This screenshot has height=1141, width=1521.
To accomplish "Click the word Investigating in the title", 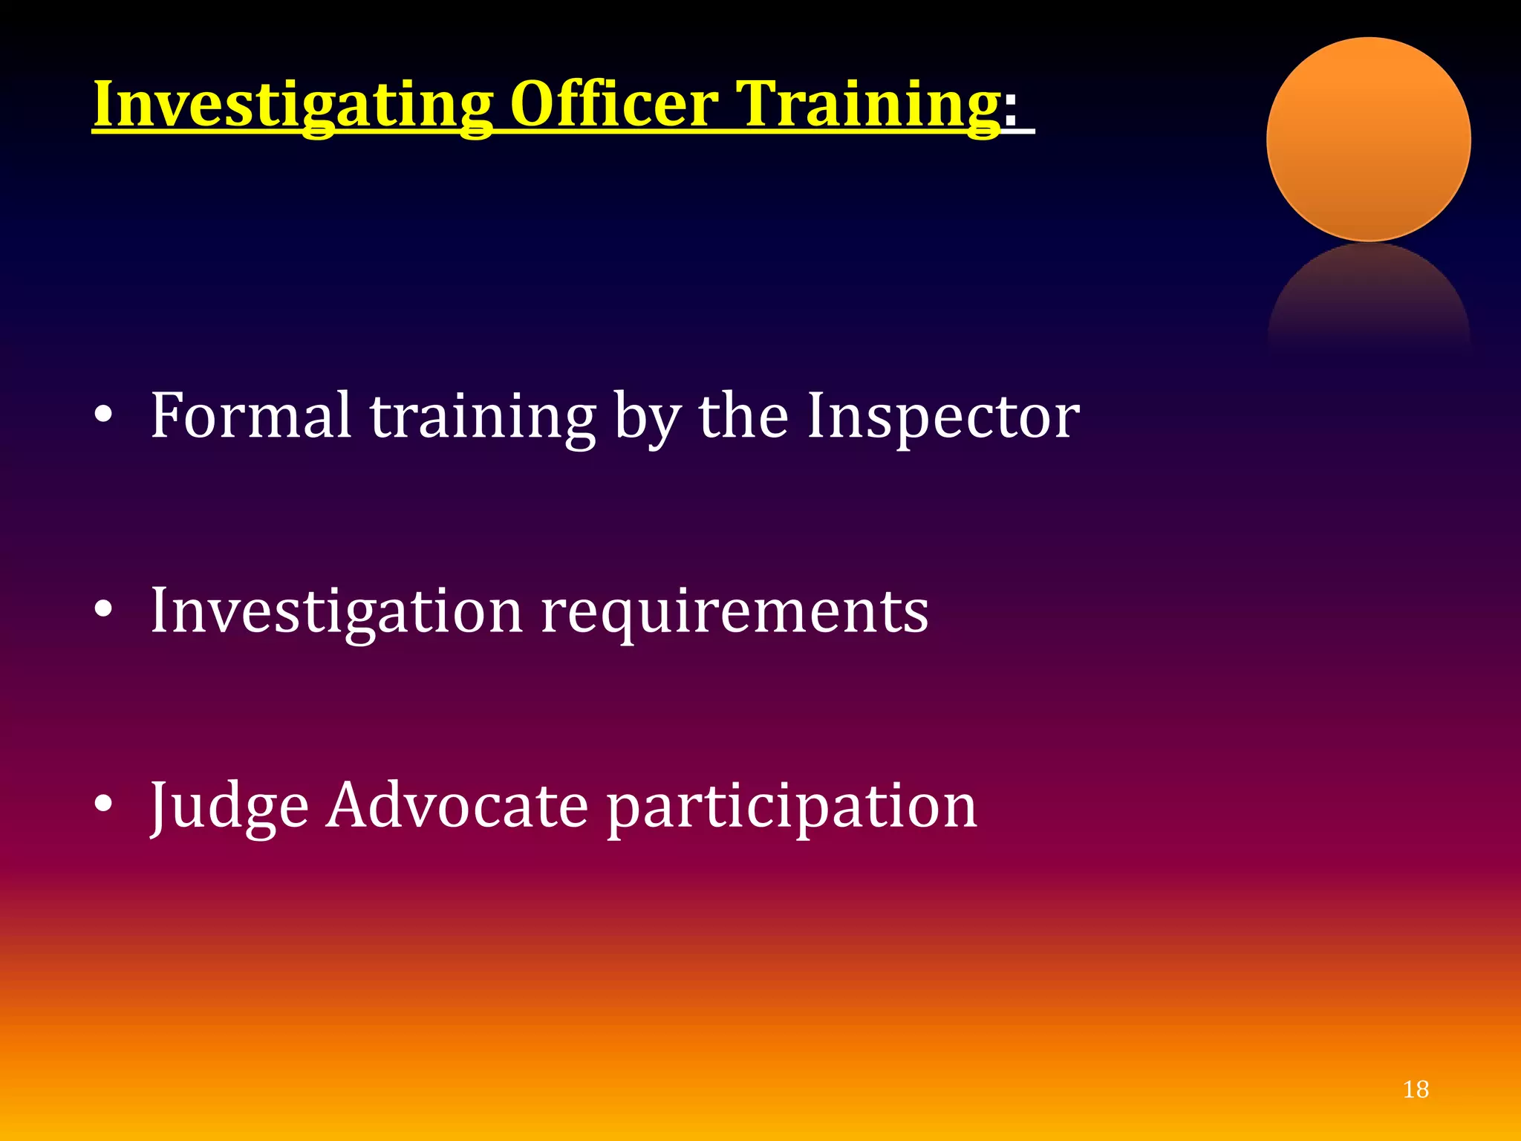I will coord(293,105).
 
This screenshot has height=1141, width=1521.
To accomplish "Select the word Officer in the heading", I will coord(614,105).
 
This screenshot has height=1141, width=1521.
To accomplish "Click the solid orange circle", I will coord(1368,140).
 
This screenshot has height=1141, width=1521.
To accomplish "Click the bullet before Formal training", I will coord(103,417).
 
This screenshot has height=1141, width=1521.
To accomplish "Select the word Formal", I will coord(250,416).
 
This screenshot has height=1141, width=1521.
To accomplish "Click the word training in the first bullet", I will coord(483,418).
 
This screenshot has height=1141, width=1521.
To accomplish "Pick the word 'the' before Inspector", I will coord(743,416).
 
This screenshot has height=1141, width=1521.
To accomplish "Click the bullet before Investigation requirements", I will coord(103,611).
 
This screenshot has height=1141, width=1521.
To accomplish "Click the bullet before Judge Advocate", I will coord(103,805).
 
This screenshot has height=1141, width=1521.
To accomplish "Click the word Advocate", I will coord(457,806).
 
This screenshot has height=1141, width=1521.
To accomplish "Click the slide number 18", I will coord(1416,1090).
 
